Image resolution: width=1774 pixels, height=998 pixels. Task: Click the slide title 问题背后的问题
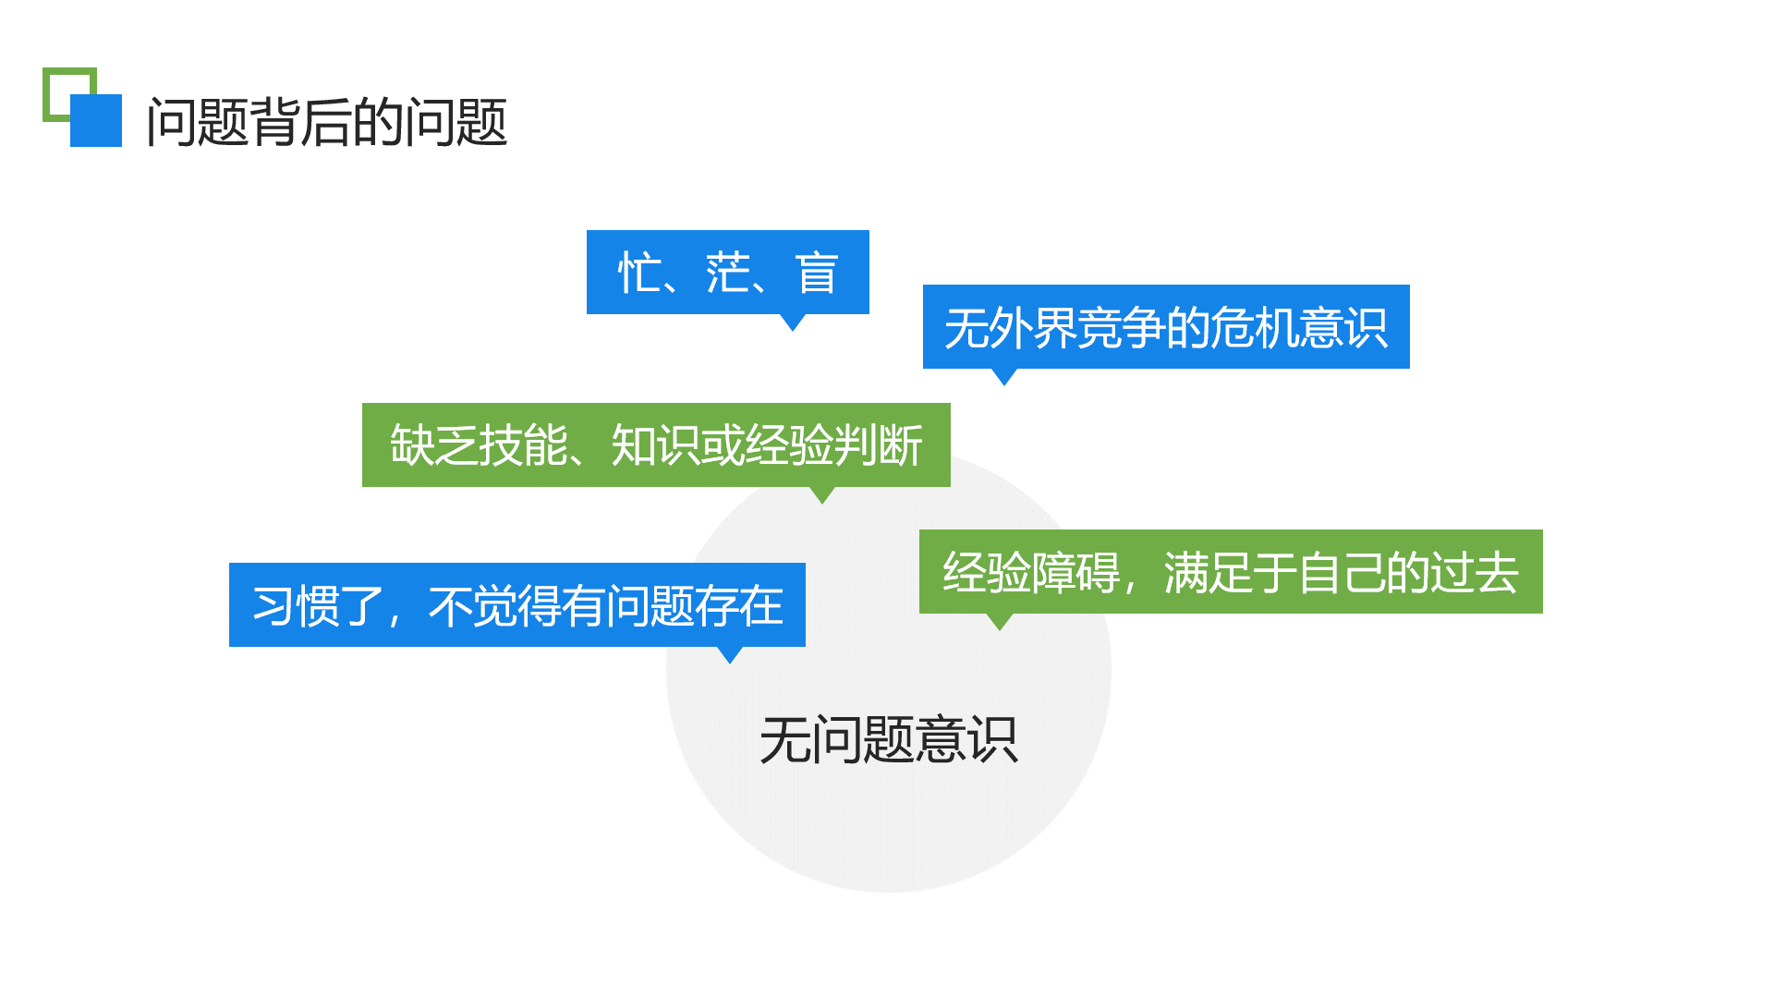[x=327, y=122]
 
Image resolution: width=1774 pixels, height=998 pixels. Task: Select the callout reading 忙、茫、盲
[x=727, y=272]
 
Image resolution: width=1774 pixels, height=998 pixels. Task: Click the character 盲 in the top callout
[x=817, y=274]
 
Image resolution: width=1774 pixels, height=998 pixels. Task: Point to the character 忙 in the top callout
[x=639, y=274]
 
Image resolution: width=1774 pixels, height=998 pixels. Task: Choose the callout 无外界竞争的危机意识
[x=1165, y=327]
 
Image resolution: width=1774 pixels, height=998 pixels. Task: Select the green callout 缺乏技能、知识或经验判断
[x=655, y=444]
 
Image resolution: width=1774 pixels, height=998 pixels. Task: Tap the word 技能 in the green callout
[x=522, y=445]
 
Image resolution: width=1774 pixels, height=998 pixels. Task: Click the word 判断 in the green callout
[x=878, y=445]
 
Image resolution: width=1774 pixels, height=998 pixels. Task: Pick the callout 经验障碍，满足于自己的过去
[x=1230, y=571]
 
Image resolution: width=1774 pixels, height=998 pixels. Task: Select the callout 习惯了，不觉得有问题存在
[x=516, y=605]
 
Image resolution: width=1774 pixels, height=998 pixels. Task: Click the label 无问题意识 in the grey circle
[x=888, y=739]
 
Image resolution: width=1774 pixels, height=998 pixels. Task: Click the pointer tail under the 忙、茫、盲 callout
[x=793, y=321]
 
